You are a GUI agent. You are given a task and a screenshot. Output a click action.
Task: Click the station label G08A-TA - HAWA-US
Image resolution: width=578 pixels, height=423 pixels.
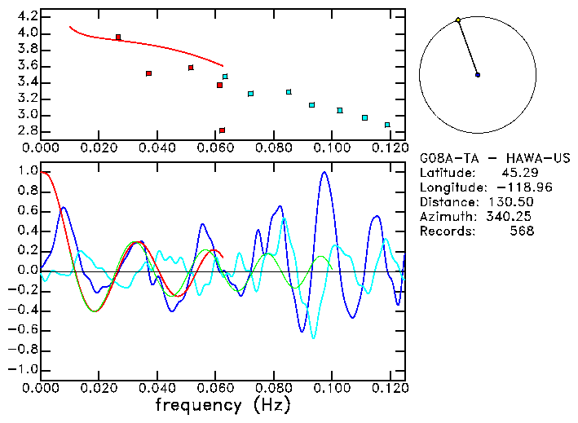coord(494,158)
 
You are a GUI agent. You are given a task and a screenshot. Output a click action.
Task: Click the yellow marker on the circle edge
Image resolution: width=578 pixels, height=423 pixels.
coord(458,20)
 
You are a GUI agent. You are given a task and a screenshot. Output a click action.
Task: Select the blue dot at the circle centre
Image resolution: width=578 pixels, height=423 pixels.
coord(478,75)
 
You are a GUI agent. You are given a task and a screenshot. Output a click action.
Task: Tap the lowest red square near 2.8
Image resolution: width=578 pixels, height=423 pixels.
coord(222,130)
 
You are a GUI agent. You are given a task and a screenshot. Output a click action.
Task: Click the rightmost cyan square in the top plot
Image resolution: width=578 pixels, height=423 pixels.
coord(387,125)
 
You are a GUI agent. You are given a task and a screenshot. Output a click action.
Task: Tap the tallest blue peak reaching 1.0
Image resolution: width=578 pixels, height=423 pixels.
coord(324,172)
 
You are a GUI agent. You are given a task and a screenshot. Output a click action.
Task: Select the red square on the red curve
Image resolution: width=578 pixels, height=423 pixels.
coord(118,37)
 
